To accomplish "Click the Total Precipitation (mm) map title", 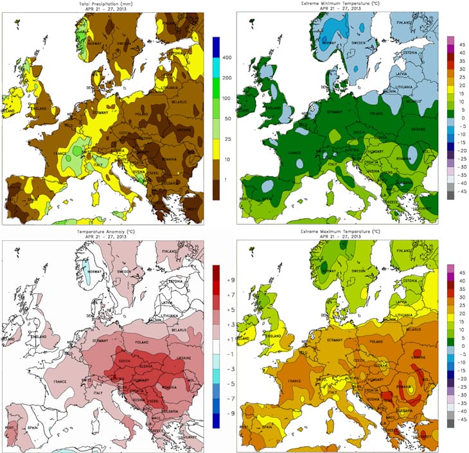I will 108,4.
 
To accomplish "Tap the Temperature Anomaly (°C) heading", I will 108,230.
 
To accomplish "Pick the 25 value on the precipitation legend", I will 227,139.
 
